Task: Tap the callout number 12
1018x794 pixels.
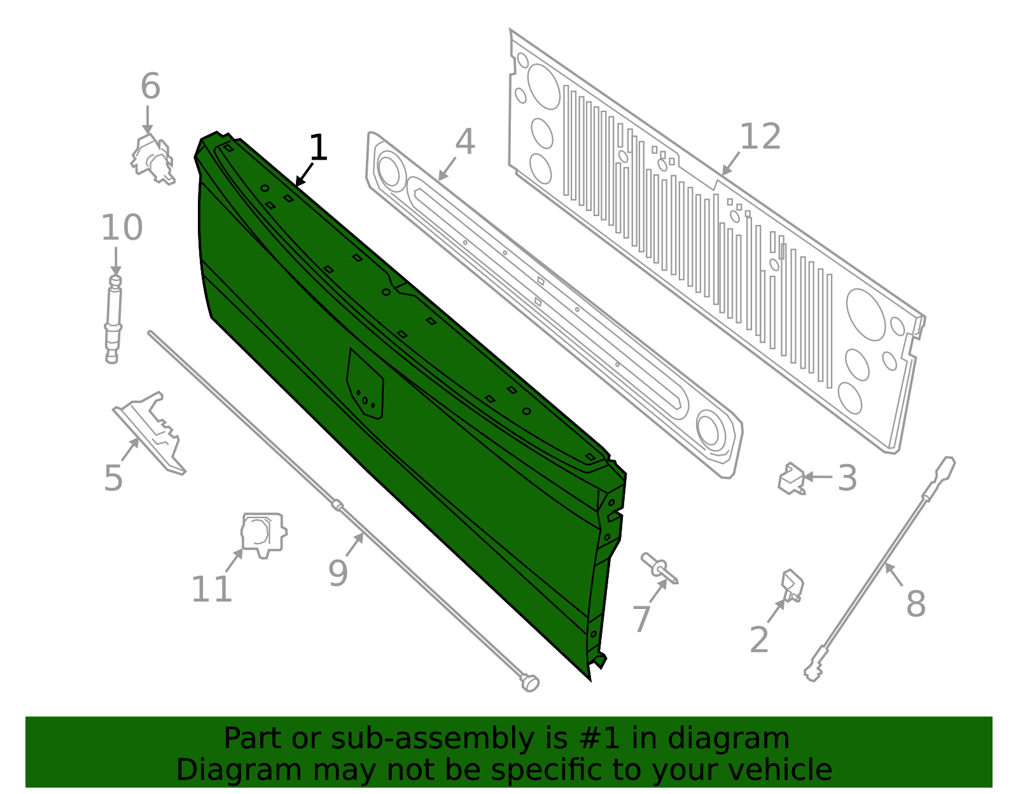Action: (x=760, y=137)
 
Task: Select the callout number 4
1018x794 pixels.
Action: (x=465, y=142)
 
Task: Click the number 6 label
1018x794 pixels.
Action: (x=150, y=86)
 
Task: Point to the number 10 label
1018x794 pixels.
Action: (x=122, y=228)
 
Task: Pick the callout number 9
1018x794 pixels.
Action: (x=338, y=573)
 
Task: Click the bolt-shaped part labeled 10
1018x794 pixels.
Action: (x=113, y=318)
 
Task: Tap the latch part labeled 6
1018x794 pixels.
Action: (x=153, y=160)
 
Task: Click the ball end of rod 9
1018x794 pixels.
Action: (x=530, y=683)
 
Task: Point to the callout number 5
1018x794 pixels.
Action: (x=113, y=478)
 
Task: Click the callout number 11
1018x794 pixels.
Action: (x=211, y=589)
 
